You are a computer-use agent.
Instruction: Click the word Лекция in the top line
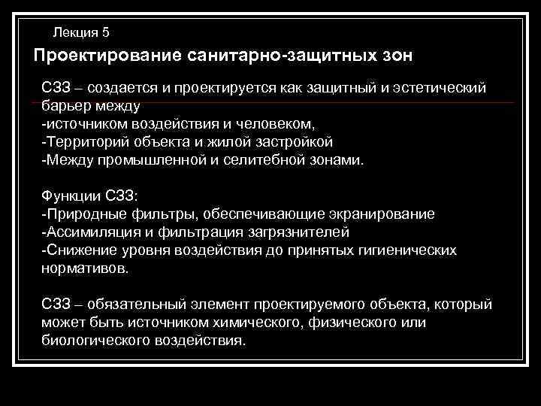click(x=75, y=32)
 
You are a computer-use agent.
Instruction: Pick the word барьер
click(x=64, y=105)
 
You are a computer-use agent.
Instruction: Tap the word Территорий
click(x=80, y=141)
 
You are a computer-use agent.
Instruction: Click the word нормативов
click(x=84, y=268)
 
